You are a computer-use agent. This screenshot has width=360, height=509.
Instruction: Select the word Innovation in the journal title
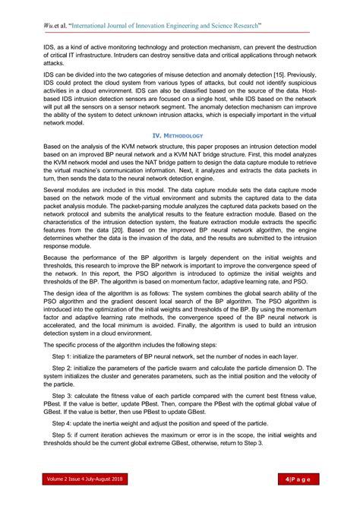click(156, 26)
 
